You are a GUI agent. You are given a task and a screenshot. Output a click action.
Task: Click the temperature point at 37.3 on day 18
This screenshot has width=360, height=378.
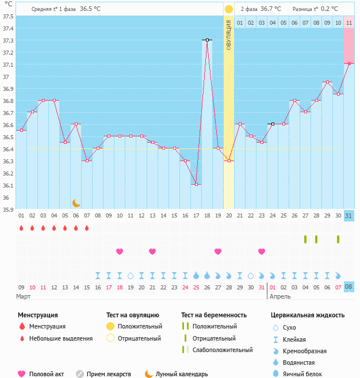coord(206,40)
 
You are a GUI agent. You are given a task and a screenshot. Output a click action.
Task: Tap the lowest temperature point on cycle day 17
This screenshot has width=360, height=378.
coord(196,184)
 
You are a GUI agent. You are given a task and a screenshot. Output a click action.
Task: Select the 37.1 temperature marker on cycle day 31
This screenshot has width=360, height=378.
coord(349,63)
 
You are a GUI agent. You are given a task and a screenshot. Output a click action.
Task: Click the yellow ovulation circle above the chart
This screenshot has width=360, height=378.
coord(229,9)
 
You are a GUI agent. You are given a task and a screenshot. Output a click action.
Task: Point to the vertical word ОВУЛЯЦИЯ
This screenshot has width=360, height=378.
coord(229,35)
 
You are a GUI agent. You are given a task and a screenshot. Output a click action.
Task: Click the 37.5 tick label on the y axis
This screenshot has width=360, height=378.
coord(7,16)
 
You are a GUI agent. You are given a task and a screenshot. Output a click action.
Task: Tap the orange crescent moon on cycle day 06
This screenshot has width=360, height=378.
coord(76,203)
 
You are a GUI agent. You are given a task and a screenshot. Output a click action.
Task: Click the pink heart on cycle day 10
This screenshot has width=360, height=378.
coord(120,251)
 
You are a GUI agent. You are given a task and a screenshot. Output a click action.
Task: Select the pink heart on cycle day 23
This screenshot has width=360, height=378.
coord(262,251)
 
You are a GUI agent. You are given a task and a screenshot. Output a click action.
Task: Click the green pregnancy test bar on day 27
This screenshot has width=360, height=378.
coord(305,239)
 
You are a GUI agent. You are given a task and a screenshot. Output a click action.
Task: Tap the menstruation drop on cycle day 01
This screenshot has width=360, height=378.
coord(21,228)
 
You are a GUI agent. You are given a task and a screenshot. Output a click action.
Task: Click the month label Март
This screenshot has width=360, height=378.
coord(24,296)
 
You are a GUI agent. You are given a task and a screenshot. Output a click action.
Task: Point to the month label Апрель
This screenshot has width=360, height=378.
coord(280,296)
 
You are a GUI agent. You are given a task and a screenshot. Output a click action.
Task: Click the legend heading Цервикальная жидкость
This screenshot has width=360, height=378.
coord(308,315)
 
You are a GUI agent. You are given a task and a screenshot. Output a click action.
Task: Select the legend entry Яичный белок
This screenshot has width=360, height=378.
coord(301,374)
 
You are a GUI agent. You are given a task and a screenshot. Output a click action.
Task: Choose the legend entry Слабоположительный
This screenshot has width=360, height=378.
coord(223,350)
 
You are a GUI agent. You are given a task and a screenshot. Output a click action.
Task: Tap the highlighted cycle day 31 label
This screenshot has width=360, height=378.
coord(349,216)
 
